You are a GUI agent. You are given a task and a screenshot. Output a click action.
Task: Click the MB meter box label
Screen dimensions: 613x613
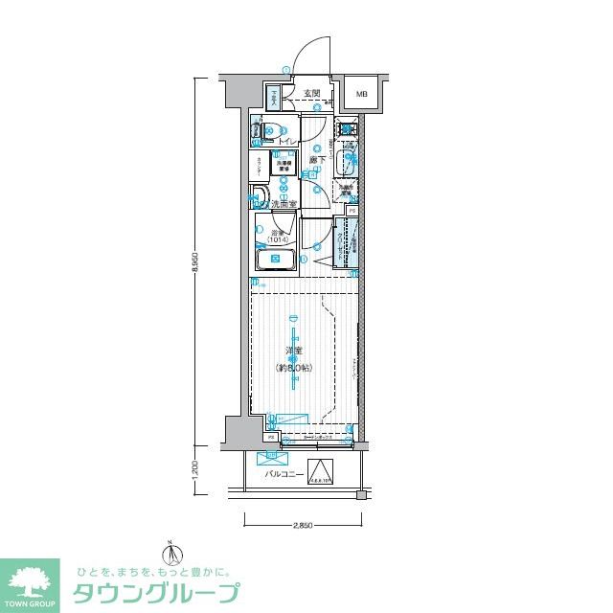click(x=361, y=94)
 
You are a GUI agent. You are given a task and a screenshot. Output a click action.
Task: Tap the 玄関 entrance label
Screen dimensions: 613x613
click(x=311, y=94)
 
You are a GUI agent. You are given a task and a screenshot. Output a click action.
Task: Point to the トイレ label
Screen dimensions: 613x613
click(x=286, y=142)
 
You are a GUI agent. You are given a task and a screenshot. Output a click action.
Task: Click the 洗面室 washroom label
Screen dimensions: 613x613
click(x=284, y=203)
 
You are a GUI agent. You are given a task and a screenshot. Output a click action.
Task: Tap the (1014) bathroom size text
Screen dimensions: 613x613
click(x=279, y=239)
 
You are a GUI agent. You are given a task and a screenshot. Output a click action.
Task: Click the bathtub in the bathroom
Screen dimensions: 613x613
click(x=277, y=260)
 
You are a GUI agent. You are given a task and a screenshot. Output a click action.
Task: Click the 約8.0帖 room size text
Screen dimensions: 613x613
click(x=295, y=368)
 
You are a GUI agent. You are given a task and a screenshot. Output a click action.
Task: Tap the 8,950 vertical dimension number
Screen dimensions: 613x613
click(x=196, y=264)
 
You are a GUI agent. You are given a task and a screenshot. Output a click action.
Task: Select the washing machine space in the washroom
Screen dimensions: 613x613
click(x=285, y=166)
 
